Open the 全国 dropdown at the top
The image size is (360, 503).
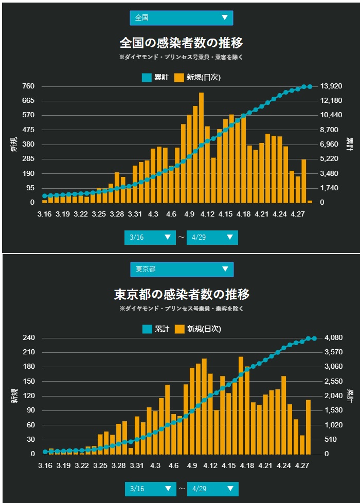pyautogui.click(x=181, y=18)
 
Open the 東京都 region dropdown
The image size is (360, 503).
pyautogui.click(x=182, y=270)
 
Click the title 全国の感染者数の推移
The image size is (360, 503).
pyautogui.click(x=181, y=42)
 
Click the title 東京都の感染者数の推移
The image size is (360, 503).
pyautogui.click(x=182, y=294)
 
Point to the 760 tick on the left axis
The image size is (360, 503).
pyautogui.click(x=28, y=86)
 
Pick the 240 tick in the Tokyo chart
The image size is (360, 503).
pyautogui.click(x=28, y=338)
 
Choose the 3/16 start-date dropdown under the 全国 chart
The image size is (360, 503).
pyautogui.click(x=150, y=237)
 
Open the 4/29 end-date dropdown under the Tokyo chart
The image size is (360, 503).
pyautogui.click(x=213, y=489)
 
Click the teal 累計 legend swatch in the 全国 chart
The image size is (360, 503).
pyautogui.click(x=147, y=78)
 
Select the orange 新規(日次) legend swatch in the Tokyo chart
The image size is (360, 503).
pyautogui.click(x=179, y=329)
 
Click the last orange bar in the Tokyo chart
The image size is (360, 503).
pyautogui.click(x=309, y=427)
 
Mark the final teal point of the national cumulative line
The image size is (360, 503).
pyautogui.click(x=310, y=86)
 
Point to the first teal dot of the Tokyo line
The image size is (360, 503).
pyautogui.click(x=45, y=452)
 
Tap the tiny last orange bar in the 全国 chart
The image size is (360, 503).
pyautogui.click(x=310, y=201)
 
